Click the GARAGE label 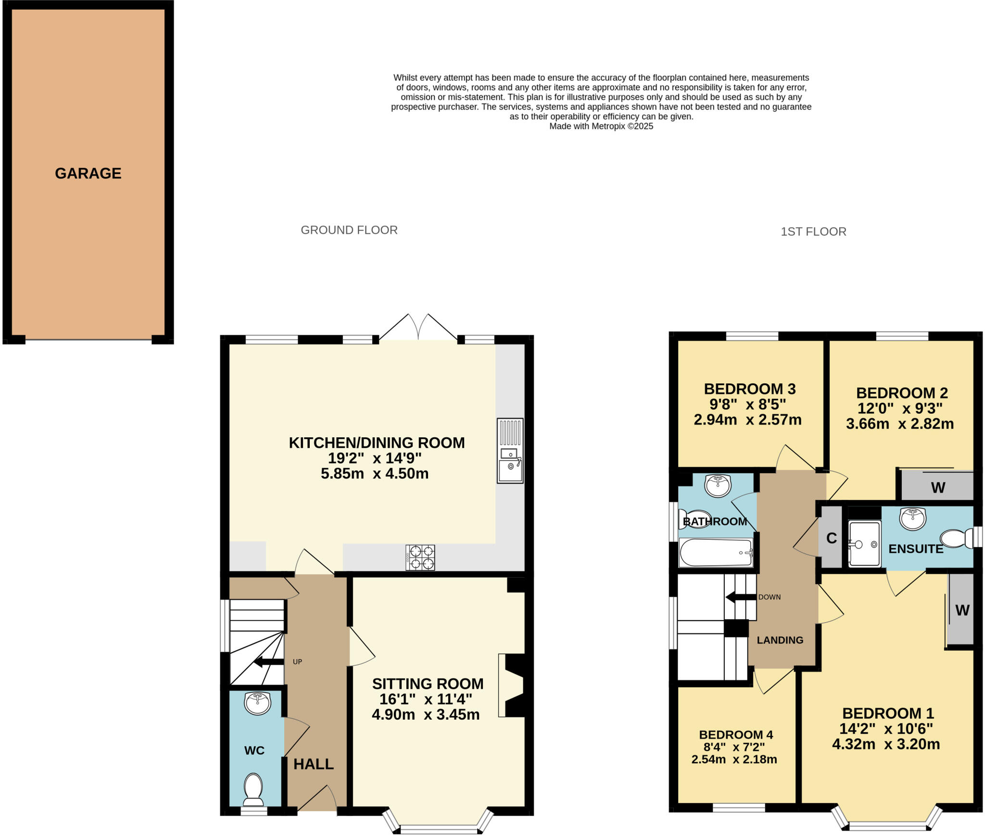click(88, 173)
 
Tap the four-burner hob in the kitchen click(420, 557)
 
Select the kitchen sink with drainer click(510, 450)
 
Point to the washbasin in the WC click(258, 704)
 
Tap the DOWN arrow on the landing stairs click(741, 597)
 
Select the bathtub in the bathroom click(715, 552)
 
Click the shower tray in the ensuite click(864, 544)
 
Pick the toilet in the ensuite click(956, 539)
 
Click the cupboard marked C click(832, 538)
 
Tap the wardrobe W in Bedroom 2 click(937, 487)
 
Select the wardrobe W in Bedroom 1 click(961, 610)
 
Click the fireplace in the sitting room click(512, 685)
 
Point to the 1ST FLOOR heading click(813, 232)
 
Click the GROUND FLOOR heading click(349, 230)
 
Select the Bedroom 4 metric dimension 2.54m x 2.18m click(734, 760)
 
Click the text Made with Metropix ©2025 click(601, 127)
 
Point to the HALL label click(314, 764)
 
